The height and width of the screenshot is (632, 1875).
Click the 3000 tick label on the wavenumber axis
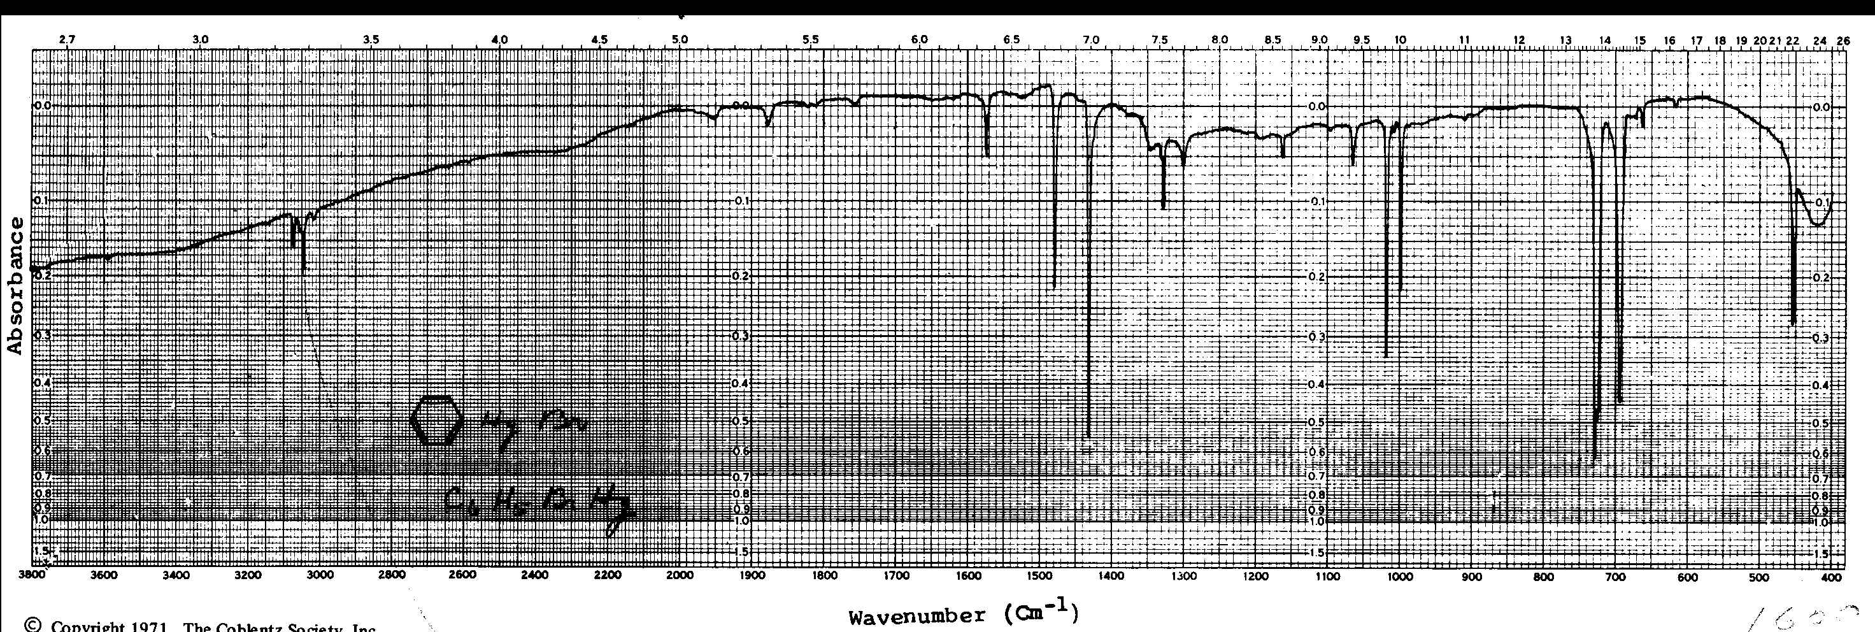(x=320, y=576)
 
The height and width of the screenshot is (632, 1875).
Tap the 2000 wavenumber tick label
(x=679, y=576)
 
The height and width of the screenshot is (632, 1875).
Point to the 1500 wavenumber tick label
(x=1039, y=576)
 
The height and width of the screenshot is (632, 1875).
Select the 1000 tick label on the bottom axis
(x=1399, y=576)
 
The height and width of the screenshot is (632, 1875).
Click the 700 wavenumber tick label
(x=1615, y=576)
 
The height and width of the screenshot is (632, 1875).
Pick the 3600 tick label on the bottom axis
(x=103, y=576)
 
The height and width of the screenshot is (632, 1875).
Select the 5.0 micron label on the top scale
(x=679, y=39)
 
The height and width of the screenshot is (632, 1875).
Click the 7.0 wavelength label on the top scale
(x=1090, y=39)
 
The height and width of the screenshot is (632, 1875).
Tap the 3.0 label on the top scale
(x=200, y=39)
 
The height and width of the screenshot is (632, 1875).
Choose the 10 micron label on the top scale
(x=1399, y=39)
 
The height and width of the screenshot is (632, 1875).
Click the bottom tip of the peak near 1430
(x=1088, y=437)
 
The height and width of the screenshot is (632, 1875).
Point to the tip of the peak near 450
(x=1793, y=324)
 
